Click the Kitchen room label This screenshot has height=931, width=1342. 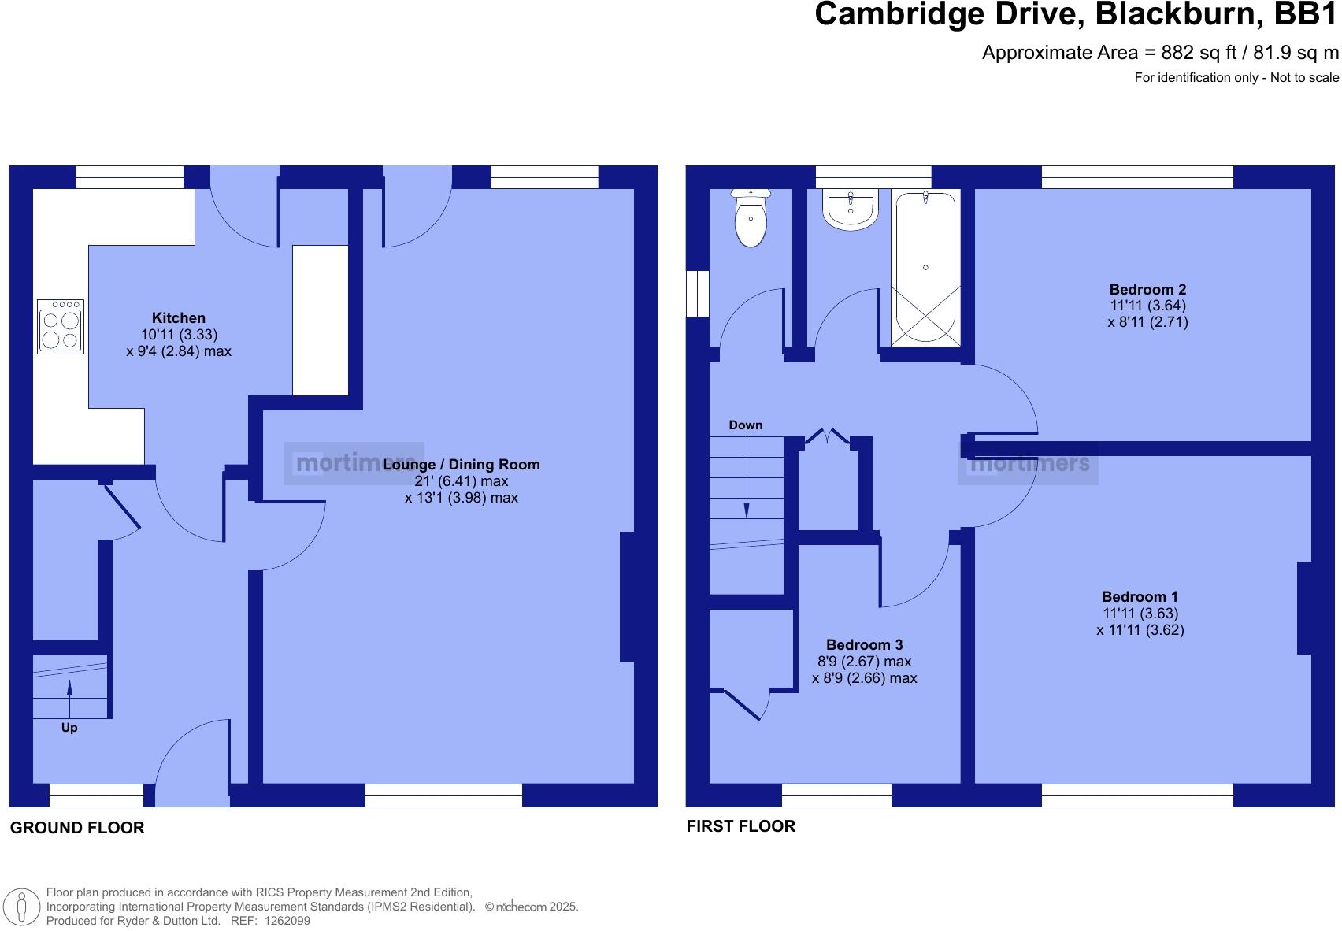click(178, 318)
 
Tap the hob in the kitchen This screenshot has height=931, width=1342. click(61, 326)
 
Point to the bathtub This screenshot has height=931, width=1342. click(925, 268)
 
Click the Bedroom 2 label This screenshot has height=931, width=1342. click(1147, 290)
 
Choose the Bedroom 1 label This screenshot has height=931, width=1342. click(1140, 597)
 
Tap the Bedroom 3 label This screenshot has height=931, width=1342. click(864, 645)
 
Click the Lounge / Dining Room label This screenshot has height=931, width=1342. click(462, 465)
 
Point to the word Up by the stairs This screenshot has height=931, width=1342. click(69, 728)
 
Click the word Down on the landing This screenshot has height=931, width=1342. click(745, 425)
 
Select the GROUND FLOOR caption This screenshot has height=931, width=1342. click(77, 828)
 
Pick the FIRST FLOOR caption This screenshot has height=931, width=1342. click(741, 826)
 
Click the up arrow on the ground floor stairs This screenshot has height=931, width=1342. click(70, 688)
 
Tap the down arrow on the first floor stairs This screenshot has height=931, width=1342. click(747, 509)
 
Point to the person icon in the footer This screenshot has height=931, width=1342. click(22, 907)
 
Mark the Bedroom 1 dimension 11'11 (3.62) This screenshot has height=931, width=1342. click(1140, 630)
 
